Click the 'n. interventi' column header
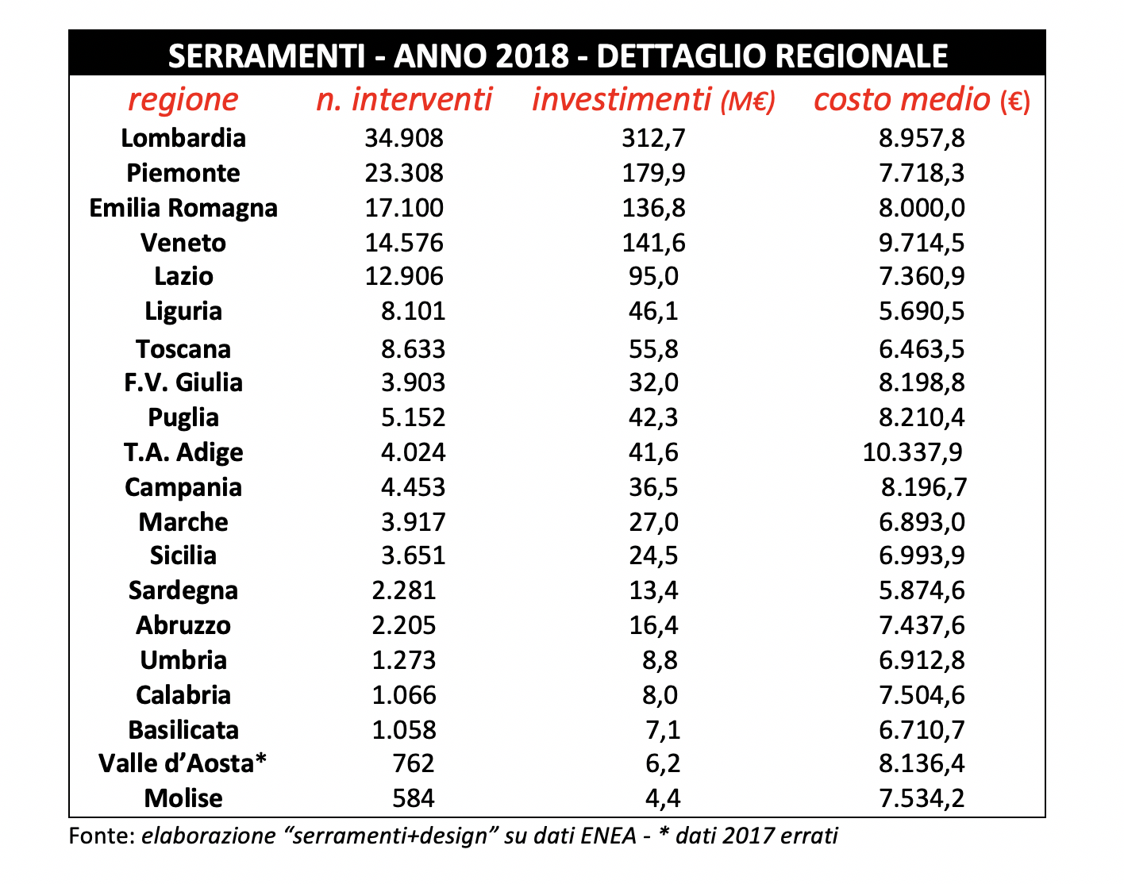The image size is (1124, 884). pyautogui.click(x=404, y=100)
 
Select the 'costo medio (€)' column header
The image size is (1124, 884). pyautogui.click(x=922, y=100)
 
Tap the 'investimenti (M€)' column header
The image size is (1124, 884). pyautogui.click(x=653, y=100)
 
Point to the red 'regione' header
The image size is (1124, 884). pyautogui.click(x=183, y=100)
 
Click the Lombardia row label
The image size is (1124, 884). pyautogui.click(x=183, y=138)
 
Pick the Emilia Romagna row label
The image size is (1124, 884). pyautogui.click(x=183, y=208)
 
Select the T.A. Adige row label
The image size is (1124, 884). pyautogui.click(x=183, y=452)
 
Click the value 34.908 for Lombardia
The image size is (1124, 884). pyautogui.click(x=404, y=138)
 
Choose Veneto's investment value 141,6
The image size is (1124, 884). pyautogui.click(x=653, y=243)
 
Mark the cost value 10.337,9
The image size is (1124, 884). pyautogui.click(x=912, y=452)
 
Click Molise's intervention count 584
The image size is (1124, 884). pyautogui.click(x=414, y=798)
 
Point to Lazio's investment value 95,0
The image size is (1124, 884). pyautogui.click(x=653, y=277)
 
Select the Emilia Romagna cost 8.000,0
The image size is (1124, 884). pyautogui.click(x=922, y=208)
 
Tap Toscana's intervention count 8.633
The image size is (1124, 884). pyautogui.click(x=414, y=349)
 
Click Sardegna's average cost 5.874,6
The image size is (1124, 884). pyautogui.click(x=922, y=591)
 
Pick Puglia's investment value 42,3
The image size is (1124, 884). pyautogui.click(x=653, y=418)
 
